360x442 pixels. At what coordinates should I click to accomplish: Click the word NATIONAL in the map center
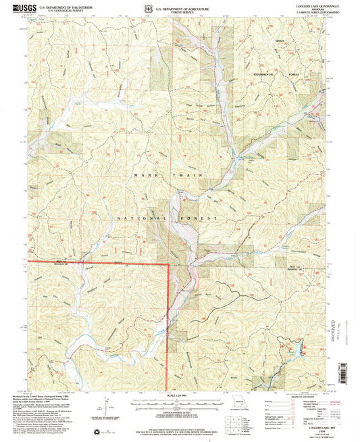[140, 218]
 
